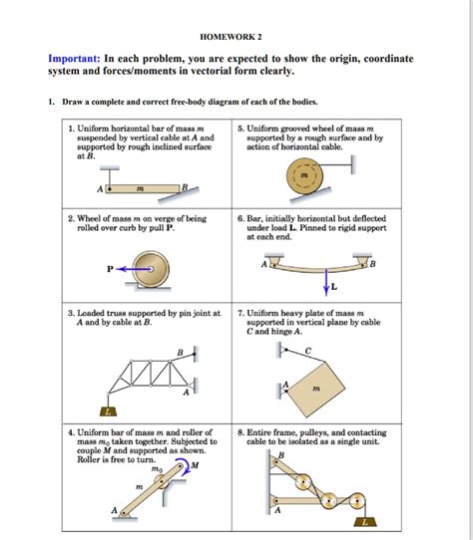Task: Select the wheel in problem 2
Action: point(155,268)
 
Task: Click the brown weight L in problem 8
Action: point(368,521)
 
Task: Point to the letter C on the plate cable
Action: point(308,349)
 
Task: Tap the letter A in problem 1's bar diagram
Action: point(99,189)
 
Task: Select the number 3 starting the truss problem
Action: point(71,313)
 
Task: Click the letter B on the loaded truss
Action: point(180,352)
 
